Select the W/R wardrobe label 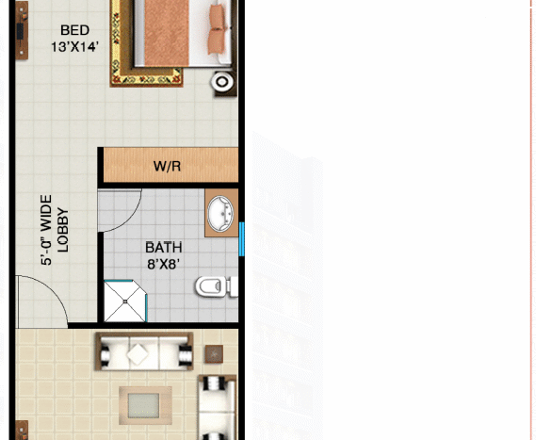167,167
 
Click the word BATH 164,248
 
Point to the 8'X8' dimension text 164,265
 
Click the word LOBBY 63,230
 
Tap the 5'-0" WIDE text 46,231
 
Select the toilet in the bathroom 214,285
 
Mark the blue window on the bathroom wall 242,238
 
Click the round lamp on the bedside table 222,82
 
